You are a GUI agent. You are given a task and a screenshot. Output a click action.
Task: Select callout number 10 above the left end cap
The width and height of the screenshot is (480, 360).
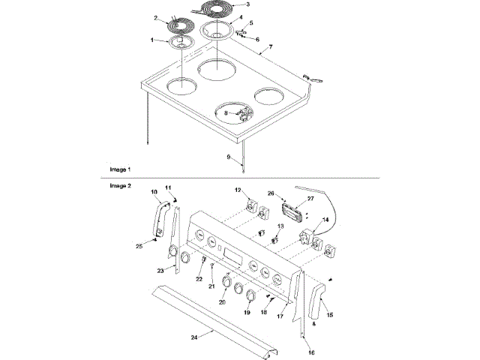[154, 192]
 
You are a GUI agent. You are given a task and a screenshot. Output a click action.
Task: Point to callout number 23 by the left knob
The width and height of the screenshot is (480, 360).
[160, 269]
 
